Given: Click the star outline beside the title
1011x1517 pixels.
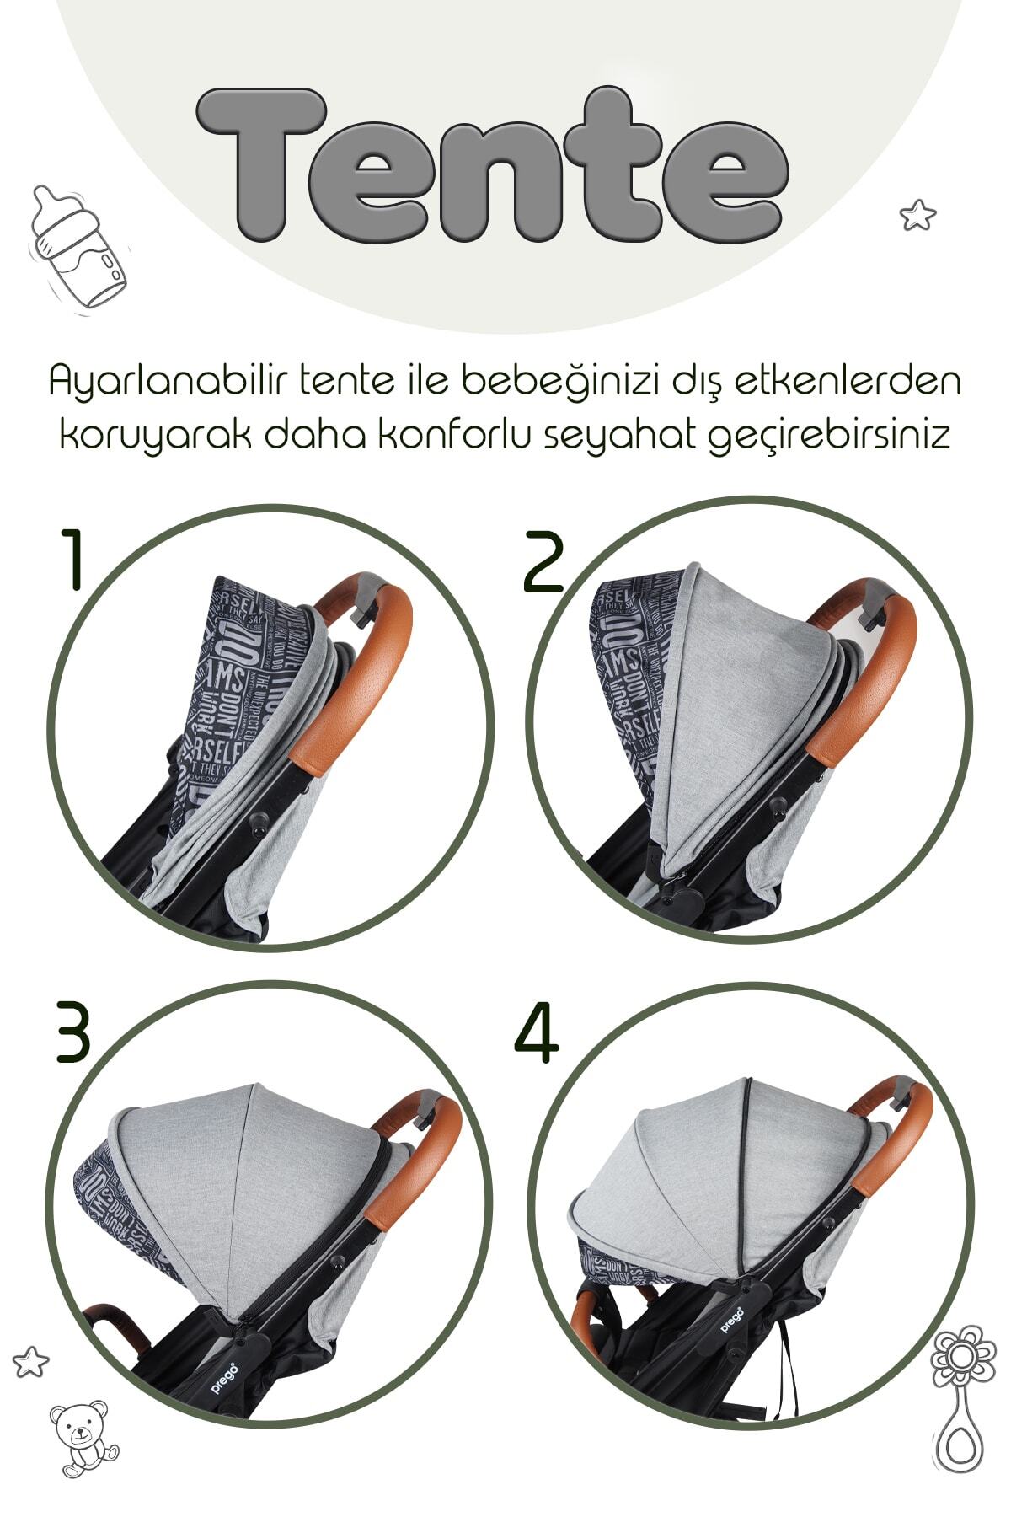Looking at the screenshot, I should coord(917,215).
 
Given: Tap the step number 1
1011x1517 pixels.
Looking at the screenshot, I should coord(73,560).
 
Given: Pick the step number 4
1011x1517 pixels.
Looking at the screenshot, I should coord(537,1033).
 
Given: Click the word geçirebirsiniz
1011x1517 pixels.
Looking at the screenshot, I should coord(829,437).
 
